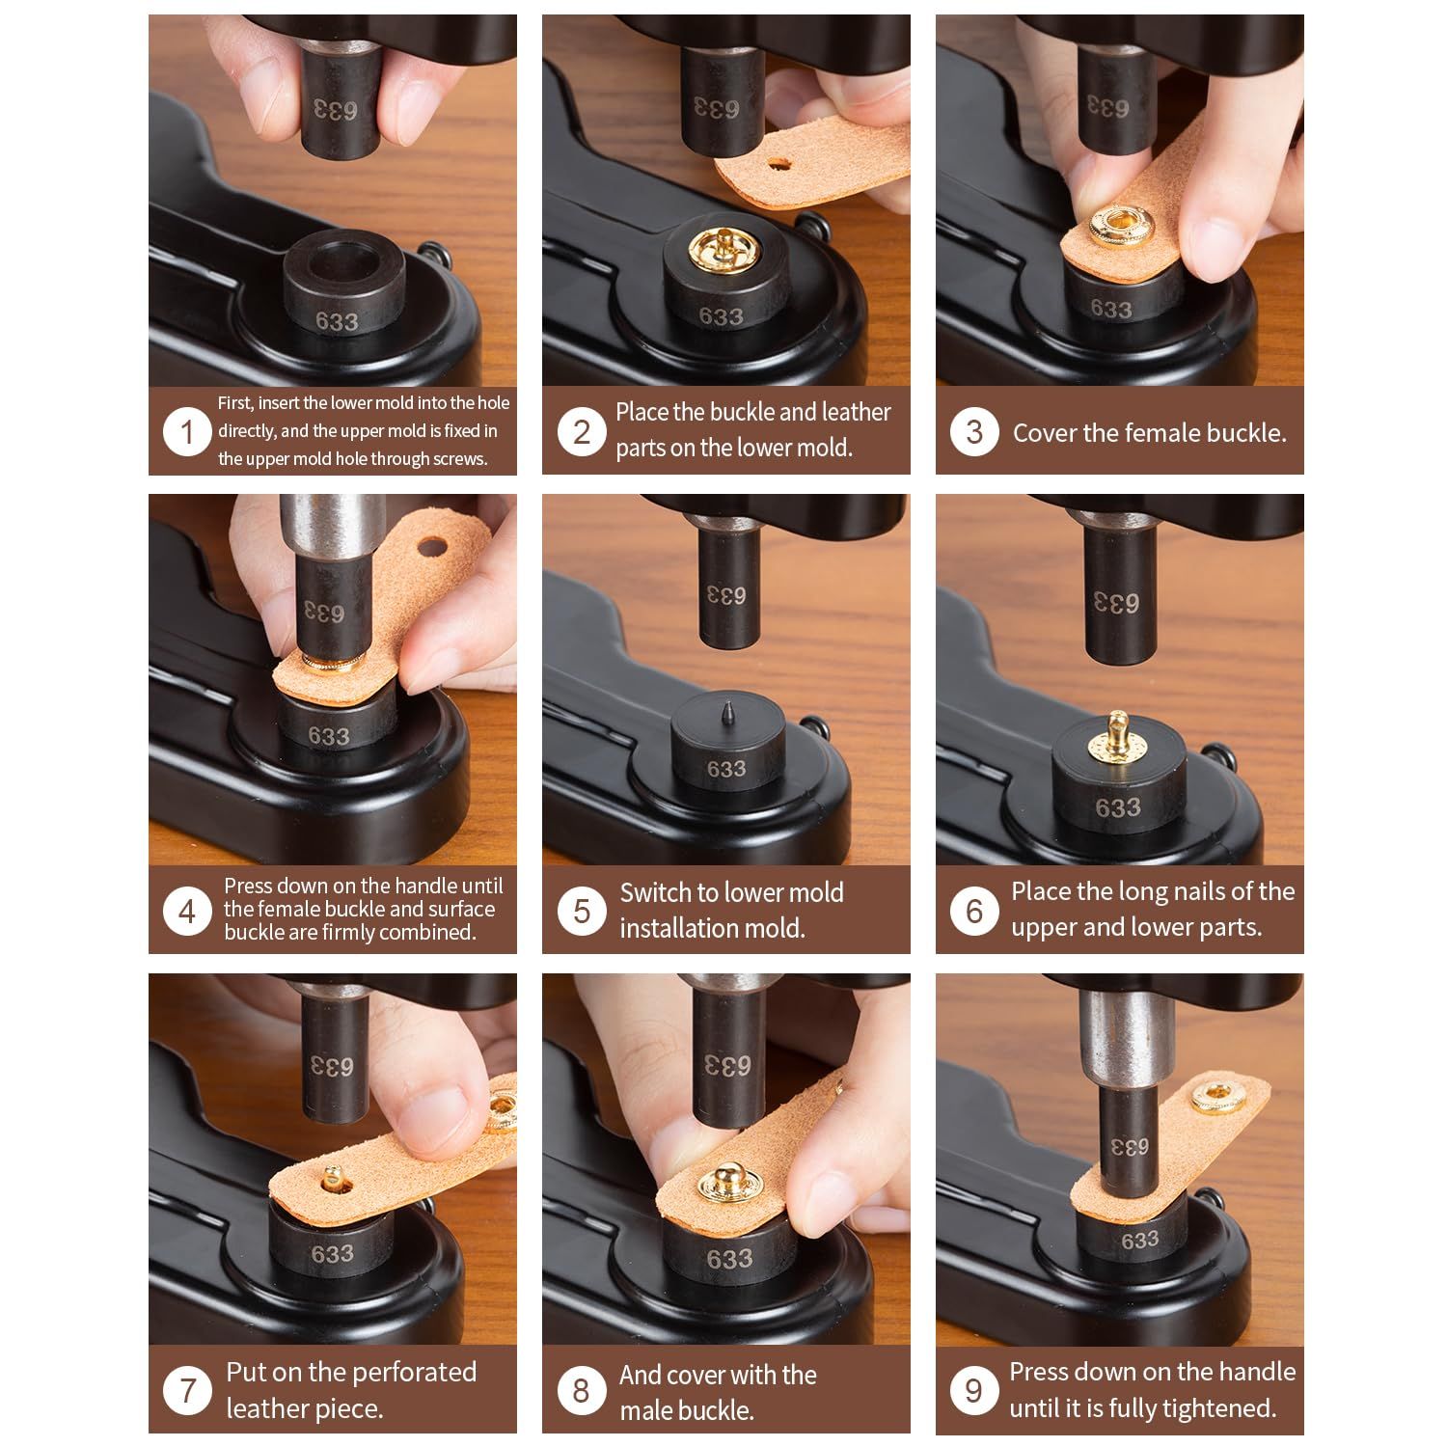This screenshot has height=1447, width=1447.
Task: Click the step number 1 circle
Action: [186, 431]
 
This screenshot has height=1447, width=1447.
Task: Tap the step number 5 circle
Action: [581, 911]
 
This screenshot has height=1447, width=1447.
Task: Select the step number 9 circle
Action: [973, 1390]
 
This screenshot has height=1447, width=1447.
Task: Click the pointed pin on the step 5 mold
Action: [725, 719]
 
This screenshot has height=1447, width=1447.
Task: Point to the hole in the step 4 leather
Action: [433, 547]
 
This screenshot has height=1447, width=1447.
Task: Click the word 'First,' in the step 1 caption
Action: [235, 403]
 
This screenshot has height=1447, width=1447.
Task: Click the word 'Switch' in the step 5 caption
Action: [654, 893]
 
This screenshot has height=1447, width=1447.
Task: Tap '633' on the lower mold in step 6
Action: [1118, 807]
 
